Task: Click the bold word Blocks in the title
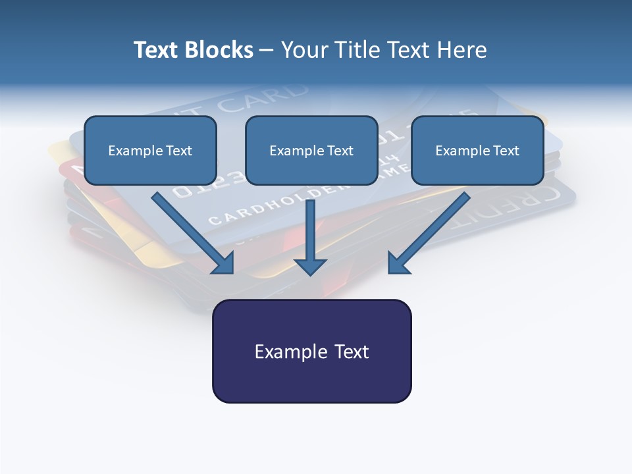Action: point(219,50)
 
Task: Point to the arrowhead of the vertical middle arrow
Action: point(310,266)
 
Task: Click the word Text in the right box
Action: point(505,151)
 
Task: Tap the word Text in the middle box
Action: point(339,151)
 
